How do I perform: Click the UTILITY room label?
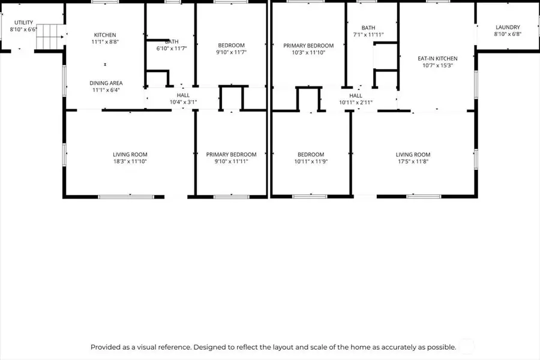click(x=24, y=22)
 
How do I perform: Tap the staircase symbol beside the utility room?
click(x=50, y=37)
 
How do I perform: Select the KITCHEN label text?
click(x=105, y=35)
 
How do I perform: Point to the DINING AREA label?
click(x=106, y=83)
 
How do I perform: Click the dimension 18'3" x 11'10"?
click(x=130, y=161)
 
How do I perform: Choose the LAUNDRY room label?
click(x=508, y=27)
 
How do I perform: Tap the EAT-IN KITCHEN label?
click(x=438, y=59)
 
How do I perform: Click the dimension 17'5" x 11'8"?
click(x=413, y=161)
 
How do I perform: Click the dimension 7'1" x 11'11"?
click(x=368, y=34)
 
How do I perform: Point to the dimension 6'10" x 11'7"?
click(x=172, y=49)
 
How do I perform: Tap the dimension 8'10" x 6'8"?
click(x=508, y=34)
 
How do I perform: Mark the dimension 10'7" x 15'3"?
click(x=438, y=65)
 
